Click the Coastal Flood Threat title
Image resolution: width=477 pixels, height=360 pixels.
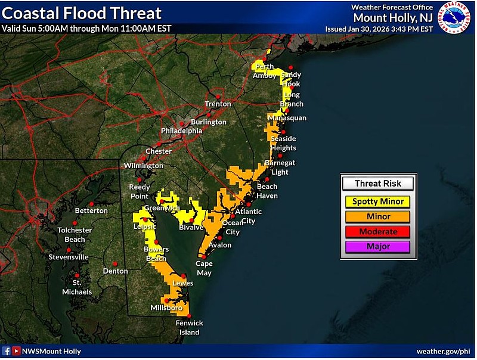[82, 13]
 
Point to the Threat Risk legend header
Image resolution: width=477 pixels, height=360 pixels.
[378, 184]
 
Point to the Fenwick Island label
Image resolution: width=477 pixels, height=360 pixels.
[188, 328]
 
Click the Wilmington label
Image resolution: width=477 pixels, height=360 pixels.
[143, 165]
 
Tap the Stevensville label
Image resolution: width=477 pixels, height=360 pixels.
[69, 257]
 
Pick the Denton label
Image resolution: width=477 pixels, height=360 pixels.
[115, 271]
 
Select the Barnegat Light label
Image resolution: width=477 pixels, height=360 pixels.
[280, 167]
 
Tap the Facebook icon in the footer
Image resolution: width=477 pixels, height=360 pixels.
[7, 352]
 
